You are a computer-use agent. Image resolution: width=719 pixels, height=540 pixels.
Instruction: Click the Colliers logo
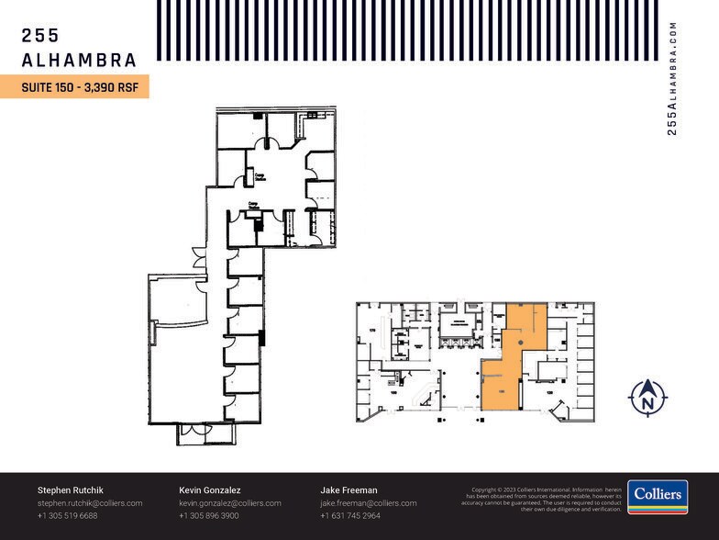point(658,497)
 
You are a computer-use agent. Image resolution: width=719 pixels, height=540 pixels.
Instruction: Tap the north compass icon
point(647,397)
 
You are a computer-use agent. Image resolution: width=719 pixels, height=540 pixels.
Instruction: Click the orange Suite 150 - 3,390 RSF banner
point(74,87)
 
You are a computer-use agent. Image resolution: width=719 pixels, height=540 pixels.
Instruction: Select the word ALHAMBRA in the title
point(79,61)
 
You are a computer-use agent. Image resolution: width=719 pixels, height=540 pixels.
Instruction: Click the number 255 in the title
point(40,36)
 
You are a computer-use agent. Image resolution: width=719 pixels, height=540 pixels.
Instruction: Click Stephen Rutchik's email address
point(90,503)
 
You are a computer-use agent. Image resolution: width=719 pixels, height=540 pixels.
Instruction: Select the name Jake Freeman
point(348,490)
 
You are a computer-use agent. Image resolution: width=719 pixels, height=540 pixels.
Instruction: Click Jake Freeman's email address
point(369,503)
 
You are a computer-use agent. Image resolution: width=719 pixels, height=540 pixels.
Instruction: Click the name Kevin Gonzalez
point(210,490)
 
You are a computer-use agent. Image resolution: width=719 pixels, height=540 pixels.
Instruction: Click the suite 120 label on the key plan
point(549,392)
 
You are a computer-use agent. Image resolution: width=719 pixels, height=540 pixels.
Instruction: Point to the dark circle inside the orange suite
point(521,343)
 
